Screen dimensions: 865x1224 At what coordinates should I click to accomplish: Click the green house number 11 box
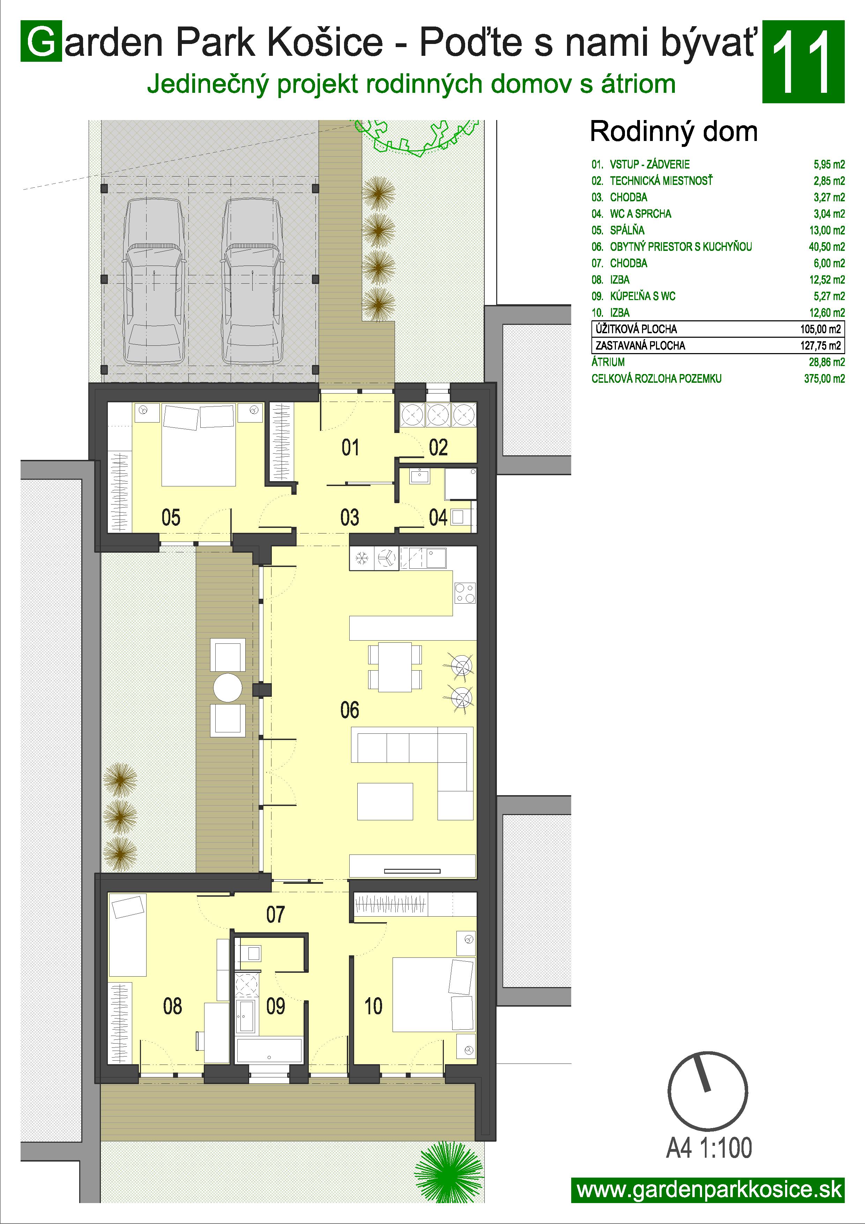click(803, 62)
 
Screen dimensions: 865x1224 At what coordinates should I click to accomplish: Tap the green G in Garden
click(41, 42)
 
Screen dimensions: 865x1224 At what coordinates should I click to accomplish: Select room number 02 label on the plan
click(438, 448)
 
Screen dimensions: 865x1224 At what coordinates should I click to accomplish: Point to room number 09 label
click(276, 1007)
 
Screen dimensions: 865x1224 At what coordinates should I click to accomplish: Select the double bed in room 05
click(199, 445)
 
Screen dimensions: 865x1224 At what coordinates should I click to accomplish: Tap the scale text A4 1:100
click(709, 1148)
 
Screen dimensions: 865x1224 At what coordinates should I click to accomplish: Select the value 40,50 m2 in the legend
click(827, 247)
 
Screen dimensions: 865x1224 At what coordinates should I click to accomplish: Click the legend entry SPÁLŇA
click(627, 230)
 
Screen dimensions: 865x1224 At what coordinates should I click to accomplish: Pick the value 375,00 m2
click(825, 379)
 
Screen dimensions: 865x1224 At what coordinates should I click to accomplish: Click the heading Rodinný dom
click(674, 131)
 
